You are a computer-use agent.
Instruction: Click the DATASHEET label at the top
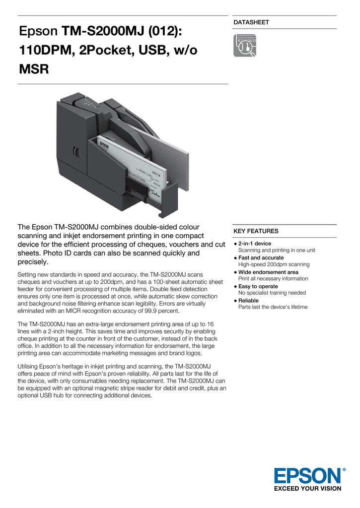pos(251,22)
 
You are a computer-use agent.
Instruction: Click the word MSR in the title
pos(34,69)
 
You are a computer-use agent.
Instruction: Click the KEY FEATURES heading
pos(256,231)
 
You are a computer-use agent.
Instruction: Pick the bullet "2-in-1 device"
pos(255,244)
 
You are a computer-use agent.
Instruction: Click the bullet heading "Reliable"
pos(248,301)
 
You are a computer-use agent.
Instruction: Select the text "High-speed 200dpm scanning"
pos(274,265)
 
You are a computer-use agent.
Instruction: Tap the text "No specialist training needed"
pos(272,293)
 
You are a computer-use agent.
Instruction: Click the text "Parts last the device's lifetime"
pos(273,307)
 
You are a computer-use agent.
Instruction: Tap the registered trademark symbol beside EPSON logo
pos(344,469)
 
